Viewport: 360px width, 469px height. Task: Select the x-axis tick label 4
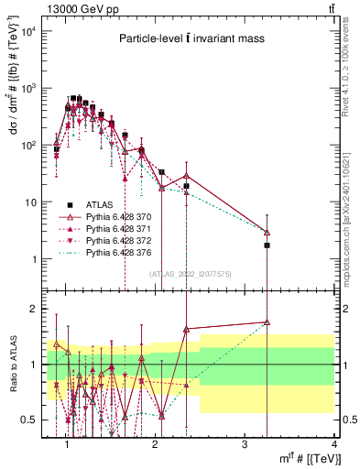(x=333, y=444)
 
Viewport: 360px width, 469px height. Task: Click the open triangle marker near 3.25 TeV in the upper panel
(x=267, y=232)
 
